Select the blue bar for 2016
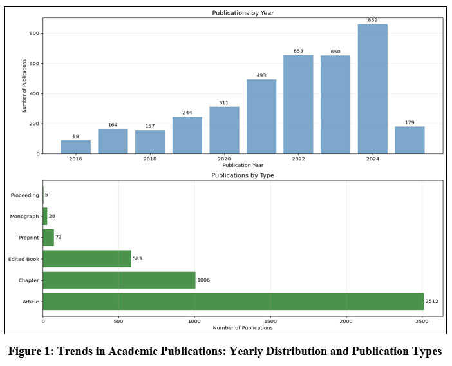(x=76, y=147)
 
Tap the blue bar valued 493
(x=261, y=117)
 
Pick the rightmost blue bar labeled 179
(x=410, y=140)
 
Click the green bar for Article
(x=233, y=302)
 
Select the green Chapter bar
(x=119, y=280)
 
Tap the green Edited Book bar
(x=87, y=259)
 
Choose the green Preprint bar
(x=48, y=238)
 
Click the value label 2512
(x=431, y=302)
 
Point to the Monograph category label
(x=25, y=217)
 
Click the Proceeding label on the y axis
(x=25, y=195)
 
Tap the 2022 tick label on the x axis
(x=298, y=159)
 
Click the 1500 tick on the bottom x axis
(x=270, y=321)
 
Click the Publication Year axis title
(x=242, y=166)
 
